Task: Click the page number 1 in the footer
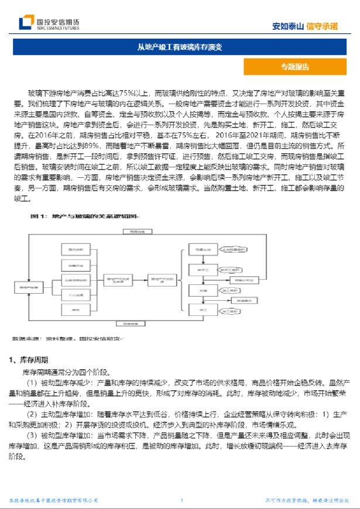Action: pyautogui.click(x=182, y=500)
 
